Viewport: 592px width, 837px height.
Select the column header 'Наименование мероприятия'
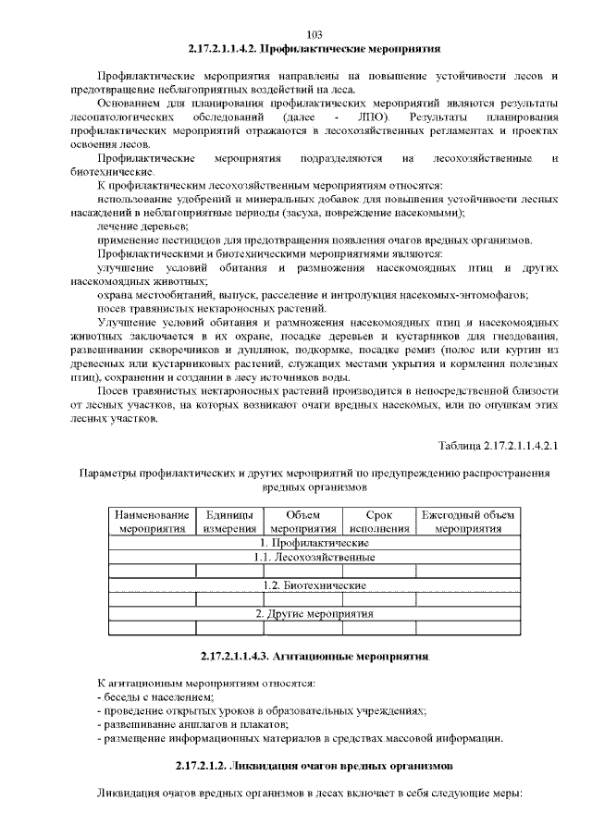[153, 522]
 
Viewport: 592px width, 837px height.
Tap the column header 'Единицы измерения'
[229, 522]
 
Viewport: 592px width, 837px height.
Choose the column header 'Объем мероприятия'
[302, 522]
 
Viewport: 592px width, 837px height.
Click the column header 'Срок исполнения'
[379, 522]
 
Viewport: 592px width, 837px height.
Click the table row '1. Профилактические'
[314, 543]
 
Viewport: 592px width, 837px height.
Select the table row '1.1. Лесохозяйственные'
[314, 558]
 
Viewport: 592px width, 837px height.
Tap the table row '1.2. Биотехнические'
[314, 585]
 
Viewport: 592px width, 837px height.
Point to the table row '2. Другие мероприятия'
[314, 613]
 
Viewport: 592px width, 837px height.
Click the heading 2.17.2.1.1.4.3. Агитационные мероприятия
[314, 656]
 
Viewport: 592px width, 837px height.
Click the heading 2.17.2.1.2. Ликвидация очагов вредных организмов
[314, 767]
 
